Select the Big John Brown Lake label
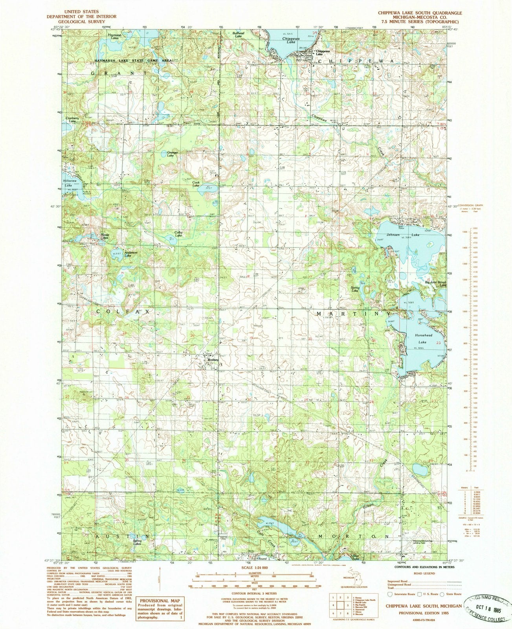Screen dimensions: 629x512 click(436, 284)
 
